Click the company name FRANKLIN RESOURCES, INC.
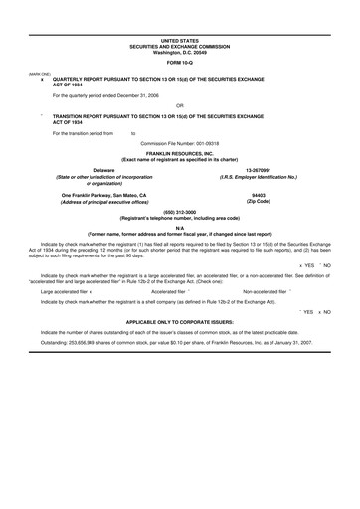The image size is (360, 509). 180,152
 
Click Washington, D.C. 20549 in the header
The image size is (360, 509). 180,51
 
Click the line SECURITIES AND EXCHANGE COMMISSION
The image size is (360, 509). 180,45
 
